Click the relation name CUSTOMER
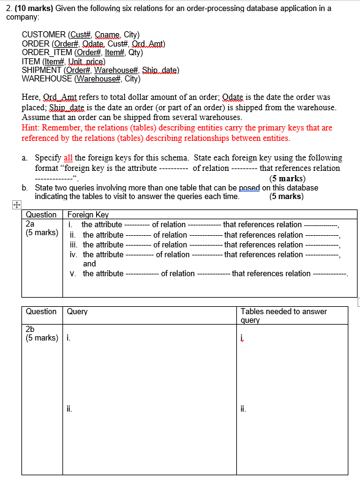point(43,35)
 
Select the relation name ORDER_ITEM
point(47,53)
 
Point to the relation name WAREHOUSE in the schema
point(47,79)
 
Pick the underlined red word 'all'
point(68,158)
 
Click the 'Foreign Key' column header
point(88,215)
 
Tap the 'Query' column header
point(77,312)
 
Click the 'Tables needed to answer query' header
point(283,315)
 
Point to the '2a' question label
point(30,224)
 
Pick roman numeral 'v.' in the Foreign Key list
point(74,274)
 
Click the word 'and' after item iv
point(89,264)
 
